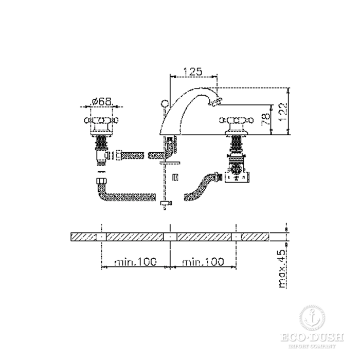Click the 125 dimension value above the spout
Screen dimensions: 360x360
click(x=192, y=71)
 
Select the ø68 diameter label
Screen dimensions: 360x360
click(x=101, y=101)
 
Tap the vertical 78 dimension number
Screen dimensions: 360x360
click(x=266, y=119)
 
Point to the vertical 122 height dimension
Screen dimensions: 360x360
click(x=282, y=112)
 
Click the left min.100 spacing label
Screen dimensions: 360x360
click(x=135, y=262)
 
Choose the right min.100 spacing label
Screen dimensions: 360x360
click(x=203, y=262)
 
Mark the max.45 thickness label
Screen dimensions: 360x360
click(x=282, y=269)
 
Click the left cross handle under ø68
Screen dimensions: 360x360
click(x=101, y=120)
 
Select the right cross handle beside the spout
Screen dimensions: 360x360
click(x=237, y=120)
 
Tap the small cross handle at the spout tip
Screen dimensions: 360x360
click(x=215, y=101)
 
